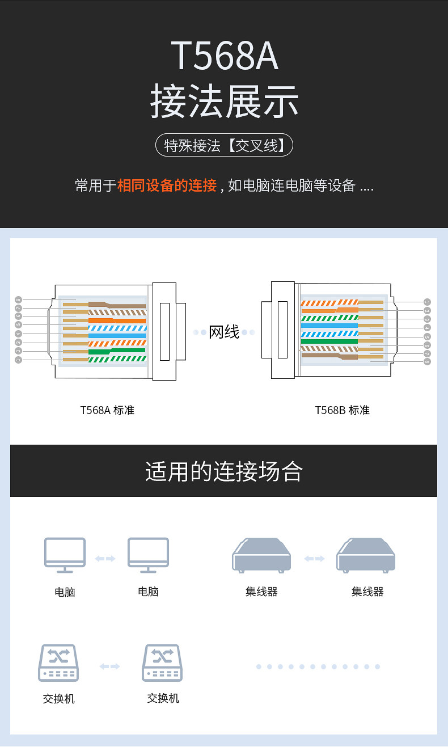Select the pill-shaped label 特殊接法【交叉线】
coord(224,145)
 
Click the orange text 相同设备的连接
coord(167,185)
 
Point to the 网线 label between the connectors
coord(224,332)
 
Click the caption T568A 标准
coord(107,410)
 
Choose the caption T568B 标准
coord(342,410)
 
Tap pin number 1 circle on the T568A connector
coord(18,360)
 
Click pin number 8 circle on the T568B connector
coord(427,361)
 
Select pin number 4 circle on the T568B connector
coord(427,328)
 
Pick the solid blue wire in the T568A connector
coord(117,336)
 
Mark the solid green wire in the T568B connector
coord(329,341)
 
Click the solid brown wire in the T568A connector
coord(117,306)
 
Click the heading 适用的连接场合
coord(224,471)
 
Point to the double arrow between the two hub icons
coord(314,559)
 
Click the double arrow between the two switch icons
coord(109,666)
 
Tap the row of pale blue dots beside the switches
coord(318,666)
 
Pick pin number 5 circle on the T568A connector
coord(18,324)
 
